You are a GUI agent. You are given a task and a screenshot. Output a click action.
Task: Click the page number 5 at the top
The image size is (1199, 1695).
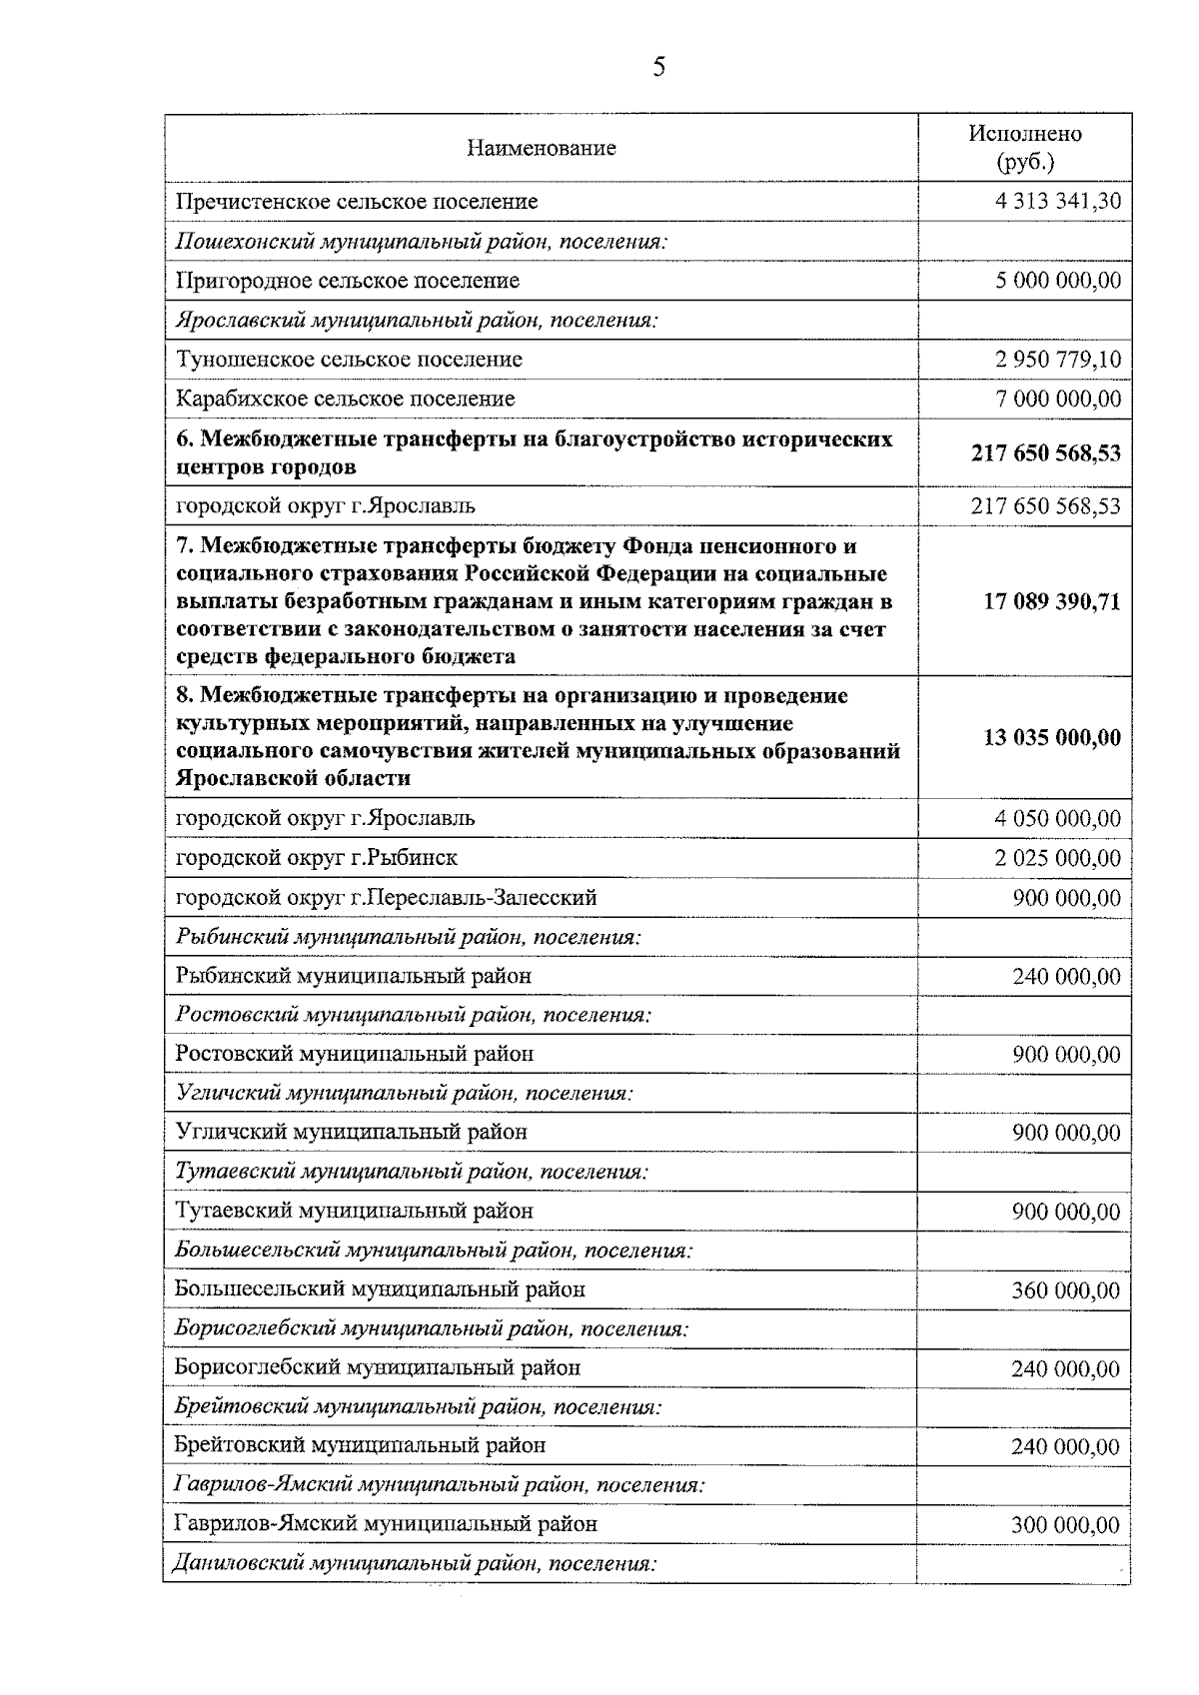(x=658, y=68)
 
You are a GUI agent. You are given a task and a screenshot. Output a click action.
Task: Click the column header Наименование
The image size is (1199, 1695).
(x=542, y=149)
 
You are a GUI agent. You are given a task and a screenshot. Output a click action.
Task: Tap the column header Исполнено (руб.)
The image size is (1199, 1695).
(x=1024, y=148)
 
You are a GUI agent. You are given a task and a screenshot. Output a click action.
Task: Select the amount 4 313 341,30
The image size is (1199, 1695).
(x=1058, y=201)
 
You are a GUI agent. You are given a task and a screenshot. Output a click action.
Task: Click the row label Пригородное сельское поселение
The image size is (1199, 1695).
(x=348, y=281)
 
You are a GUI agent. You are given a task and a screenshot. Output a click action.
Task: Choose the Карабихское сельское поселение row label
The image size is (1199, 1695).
(x=345, y=399)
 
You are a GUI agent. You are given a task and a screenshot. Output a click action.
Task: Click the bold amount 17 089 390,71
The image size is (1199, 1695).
(x=1051, y=601)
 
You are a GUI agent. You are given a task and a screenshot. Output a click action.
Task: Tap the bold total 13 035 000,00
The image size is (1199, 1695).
(x=1051, y=738)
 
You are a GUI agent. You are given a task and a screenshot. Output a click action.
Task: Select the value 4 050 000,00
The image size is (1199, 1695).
(x=1058, y=819)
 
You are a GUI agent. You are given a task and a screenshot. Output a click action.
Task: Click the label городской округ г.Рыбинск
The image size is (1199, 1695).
(x=317, y=858)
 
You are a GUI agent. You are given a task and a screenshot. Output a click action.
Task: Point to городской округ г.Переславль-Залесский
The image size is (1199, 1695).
(x=386, y=897)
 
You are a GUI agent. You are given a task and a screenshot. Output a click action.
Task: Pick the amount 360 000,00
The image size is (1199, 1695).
(x=1065, y=1290)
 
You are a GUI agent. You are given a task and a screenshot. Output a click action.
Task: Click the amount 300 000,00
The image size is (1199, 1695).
(x=1065, y=1525)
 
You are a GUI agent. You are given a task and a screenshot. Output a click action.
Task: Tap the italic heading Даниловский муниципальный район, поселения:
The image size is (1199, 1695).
(x=416, y=1564)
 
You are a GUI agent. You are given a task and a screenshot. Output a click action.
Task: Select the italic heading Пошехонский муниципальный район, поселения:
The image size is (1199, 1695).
(x=422, y=241)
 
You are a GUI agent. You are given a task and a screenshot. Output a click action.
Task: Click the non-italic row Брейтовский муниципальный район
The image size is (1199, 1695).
(x=360, y=1445)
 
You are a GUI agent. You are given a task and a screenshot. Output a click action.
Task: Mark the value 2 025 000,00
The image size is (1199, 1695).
(x=1058, y=858)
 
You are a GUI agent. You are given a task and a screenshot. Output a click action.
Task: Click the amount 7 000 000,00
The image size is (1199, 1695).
(x=1058, y=400)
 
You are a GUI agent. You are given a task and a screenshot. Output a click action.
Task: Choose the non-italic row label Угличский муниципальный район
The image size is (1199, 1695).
(x=351, y=1132)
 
